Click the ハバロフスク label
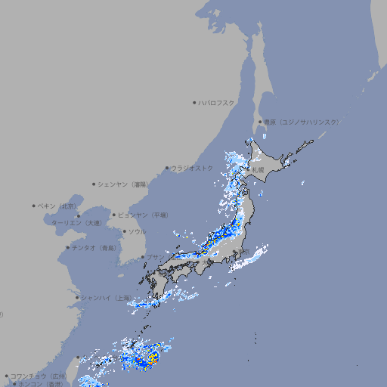click(217, 102)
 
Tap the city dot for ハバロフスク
click(194, 102)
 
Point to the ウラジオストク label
click(192, 168)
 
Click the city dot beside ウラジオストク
click(167, 168)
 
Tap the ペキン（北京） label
click(57, 206)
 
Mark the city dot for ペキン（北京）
click(34, 206)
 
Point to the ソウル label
click(137, 231)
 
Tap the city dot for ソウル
click(124, 231)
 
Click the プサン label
click(154, 257)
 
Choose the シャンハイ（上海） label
click(105, 297)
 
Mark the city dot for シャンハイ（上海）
click(77, 297)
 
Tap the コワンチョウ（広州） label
click(39, 376)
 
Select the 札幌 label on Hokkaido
click(259, 169)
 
